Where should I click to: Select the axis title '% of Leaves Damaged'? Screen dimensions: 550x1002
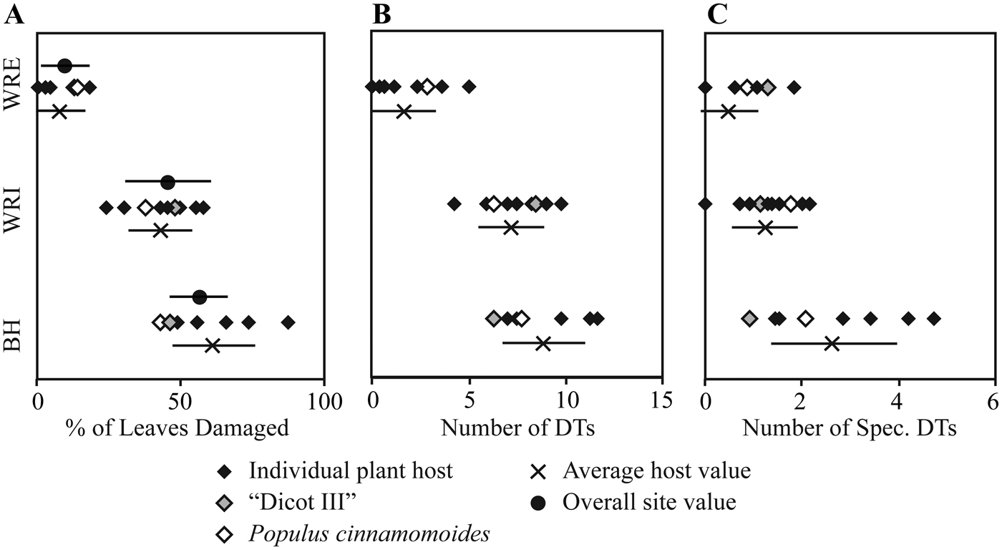[x=177, y=428]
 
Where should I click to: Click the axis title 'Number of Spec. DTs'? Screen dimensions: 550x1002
[x=850, y=428]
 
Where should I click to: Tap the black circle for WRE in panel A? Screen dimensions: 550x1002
[x=64, y=66]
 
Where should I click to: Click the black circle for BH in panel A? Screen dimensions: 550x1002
[x=200, y=296]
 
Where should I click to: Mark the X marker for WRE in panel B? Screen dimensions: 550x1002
[x=404, y=112]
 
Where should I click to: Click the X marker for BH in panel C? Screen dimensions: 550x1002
[x=832, y=344]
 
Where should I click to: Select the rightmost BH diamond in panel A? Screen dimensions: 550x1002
[x=288, y=322]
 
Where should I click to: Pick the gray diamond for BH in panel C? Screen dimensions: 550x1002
[x=749, y=318]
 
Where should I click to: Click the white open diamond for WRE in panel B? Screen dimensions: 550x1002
[x=427, y=87]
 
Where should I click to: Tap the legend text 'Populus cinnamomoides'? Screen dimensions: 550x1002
[x=369, y=534]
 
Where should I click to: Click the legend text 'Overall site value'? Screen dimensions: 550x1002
[x=649, y=503]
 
